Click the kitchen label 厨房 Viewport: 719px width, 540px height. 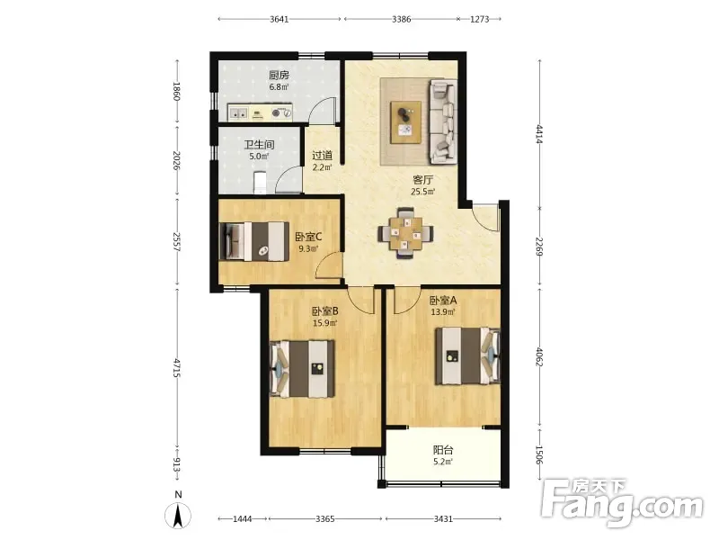[x=279, y=75]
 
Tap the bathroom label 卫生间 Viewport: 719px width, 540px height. [x=259, y=145]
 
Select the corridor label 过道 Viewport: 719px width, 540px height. [x=322, y=156]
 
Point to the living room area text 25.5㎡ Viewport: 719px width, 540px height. [x=422, y=192]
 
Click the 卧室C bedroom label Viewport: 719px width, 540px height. [x=308, y=237]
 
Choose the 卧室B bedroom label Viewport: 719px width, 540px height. [x=325, y=311]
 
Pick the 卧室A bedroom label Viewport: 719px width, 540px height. [x=443, y=301]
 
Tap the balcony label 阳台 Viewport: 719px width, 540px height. [x=443, y=451]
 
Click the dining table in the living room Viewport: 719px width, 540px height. [x=406, y=234]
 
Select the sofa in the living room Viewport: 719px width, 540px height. [x=443, y=121]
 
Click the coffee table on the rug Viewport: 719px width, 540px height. [x=406, y=122]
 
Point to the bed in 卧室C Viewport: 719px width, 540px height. [x=253, y=241]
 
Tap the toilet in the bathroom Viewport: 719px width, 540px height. [x=260, y=183]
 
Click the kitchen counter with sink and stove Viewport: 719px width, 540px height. [x=260, y=112]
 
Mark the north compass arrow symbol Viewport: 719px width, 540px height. [x=178, y=515]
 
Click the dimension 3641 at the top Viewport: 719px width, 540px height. [x=280, y=19]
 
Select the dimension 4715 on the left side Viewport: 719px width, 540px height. [x=176, y=368]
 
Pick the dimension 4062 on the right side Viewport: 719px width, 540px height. [x=539, y=357]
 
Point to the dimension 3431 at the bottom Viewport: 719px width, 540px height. [x=443, y=519]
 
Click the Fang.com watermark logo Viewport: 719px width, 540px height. [x=622, y=504]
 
